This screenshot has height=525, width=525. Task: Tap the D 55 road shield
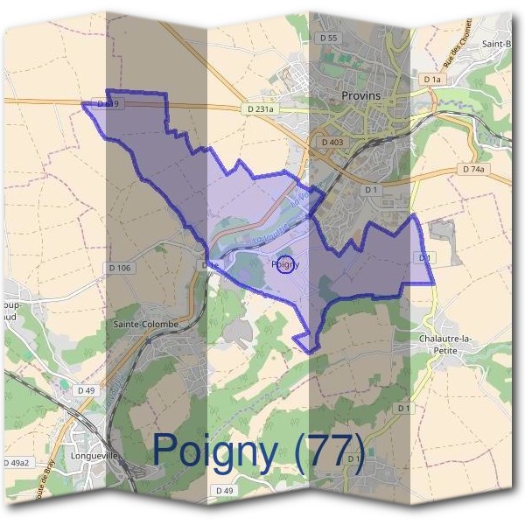click(x=328, y=38)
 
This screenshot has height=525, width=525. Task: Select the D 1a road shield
click(x=432, y=80)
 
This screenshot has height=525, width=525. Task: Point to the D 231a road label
click(x=258, y=109)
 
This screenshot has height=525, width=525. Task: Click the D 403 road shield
click(x=332, y=141)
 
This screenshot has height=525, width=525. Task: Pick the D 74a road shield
click(x=472, y=169)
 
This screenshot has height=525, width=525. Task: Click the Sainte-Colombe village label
click(x=146, y=324)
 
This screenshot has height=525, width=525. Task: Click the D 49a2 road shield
click(x=16, y=462)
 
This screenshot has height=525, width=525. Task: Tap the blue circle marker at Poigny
click(x=284, y=264)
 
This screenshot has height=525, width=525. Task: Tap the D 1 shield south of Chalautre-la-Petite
click(x=403, y=408)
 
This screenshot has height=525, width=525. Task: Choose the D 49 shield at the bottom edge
click(x=224, y=491)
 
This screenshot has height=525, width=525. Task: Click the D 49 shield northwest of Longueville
click(x=85, y=389)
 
